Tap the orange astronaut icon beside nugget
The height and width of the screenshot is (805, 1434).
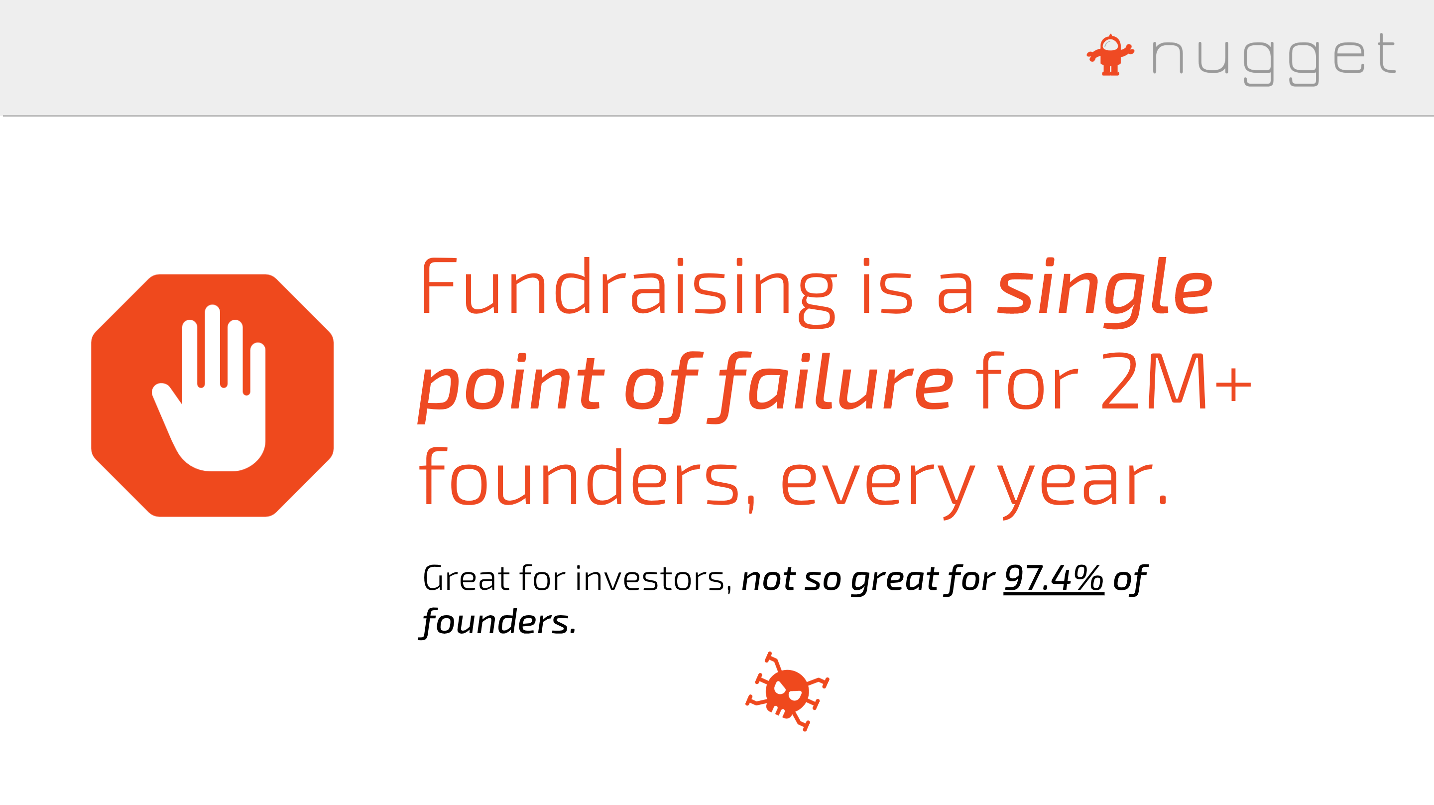[1110, 55]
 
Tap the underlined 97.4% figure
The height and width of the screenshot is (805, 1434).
[1054, 578]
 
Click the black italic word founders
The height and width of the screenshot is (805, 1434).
[498, 622]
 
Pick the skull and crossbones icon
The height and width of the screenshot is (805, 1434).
[787, 692]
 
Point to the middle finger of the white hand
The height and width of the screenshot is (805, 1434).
[213, 345]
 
